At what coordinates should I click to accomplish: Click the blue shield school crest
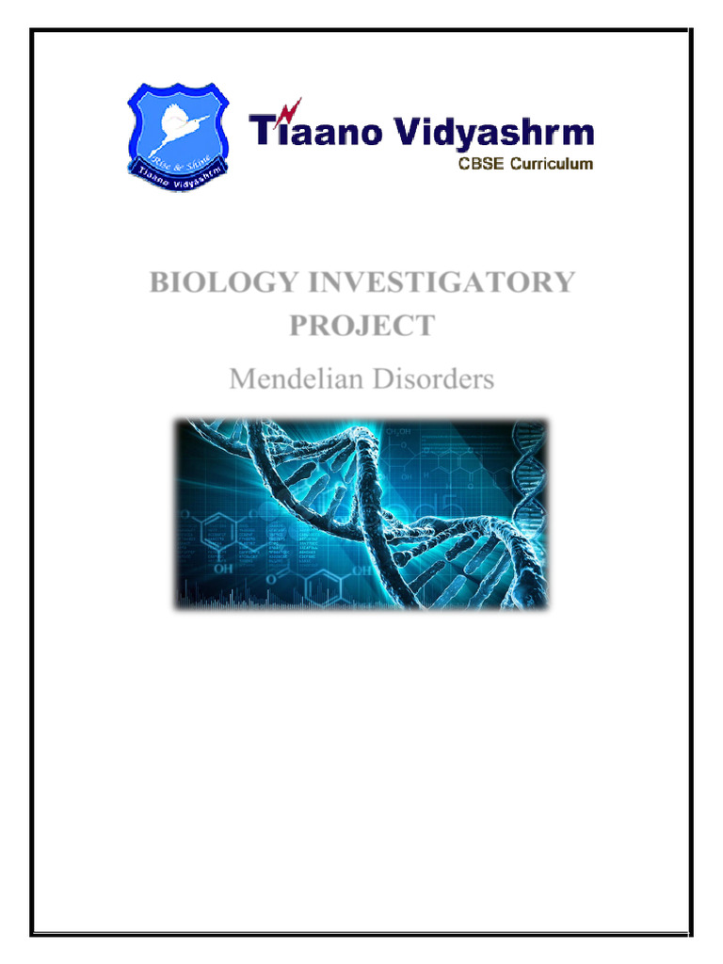click(179, 132)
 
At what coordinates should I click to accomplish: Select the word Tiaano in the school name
click(315, 133)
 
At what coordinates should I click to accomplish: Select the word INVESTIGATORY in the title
click(420, 282)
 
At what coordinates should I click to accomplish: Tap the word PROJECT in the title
click(361, 326)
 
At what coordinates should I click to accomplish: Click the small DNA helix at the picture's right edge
click(526, 490)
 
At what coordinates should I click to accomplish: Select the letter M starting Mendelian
click(241, 380)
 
